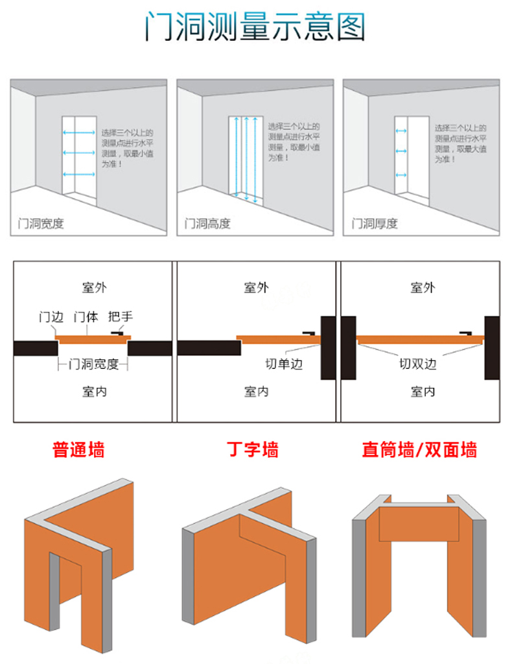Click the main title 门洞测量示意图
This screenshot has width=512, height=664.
[255, 27]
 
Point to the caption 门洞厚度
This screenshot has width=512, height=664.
[374, 224]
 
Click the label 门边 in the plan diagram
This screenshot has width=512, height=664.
[51, 317]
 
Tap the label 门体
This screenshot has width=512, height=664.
[86, 317]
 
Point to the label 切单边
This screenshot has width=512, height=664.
[284, 364]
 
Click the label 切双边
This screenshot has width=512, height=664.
[417, 364]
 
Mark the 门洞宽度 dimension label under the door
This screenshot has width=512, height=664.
[94, 364]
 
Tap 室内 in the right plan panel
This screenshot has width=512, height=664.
[423, 392]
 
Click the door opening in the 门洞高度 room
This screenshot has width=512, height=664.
[246, 159]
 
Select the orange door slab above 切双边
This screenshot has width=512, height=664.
[421, 338]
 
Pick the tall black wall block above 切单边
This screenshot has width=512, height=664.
[329, 348]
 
